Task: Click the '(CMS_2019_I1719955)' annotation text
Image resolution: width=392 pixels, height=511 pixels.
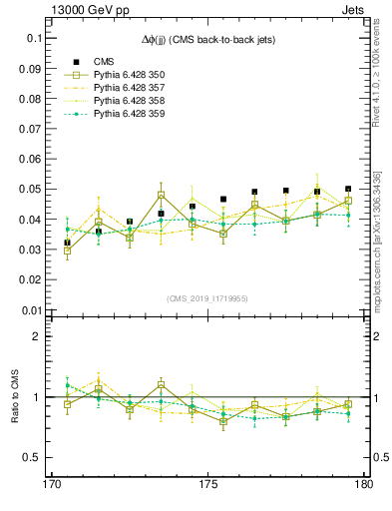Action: pyautogui.click(x=207, y=297)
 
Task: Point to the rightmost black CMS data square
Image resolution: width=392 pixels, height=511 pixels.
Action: pyautogui.click(x=348, y=189)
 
